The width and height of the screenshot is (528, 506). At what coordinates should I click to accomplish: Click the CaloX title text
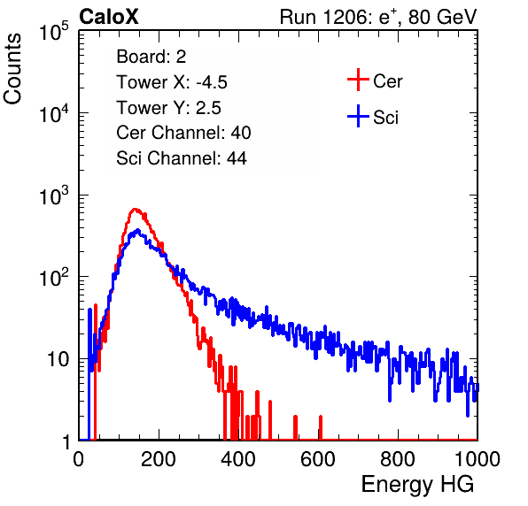pos(109,17)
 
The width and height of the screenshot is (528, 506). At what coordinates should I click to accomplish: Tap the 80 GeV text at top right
pos(442,17)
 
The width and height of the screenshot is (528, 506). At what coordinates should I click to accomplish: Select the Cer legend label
pos(387,81)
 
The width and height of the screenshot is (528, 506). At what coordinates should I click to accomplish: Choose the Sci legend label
pos(385,118)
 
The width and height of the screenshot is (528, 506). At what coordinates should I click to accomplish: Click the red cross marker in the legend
pos(358,80)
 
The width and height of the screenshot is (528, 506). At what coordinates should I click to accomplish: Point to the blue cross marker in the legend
pos(358,116)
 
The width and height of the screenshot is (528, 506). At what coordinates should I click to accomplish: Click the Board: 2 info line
pos(151,57)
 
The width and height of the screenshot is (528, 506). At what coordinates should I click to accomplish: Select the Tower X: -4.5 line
pos(172,82)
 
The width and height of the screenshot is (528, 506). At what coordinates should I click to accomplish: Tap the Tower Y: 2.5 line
pos(168,108)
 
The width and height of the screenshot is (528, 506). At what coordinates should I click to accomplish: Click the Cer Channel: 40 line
pos(183,133)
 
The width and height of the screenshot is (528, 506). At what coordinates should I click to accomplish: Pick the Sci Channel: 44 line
pos(182,158)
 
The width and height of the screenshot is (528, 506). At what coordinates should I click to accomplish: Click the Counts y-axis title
pos(12,69)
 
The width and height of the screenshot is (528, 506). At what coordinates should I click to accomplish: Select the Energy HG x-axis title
pos(417,485)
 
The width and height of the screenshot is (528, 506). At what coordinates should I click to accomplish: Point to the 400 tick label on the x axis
pos(238,459)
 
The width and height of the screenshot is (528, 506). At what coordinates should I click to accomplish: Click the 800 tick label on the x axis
pos(398,459)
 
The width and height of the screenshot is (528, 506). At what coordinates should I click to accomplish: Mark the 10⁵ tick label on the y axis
pos(54,31)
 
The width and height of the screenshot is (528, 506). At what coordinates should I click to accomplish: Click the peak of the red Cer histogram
pos(135,209)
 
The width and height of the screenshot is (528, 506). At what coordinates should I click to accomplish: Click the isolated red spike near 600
pos(321,427)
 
